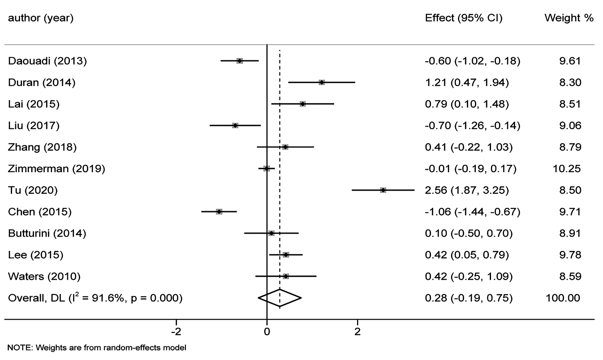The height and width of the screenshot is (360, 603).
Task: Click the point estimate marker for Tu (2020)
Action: coord(383,190)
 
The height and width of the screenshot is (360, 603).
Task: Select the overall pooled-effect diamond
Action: coord(280,298)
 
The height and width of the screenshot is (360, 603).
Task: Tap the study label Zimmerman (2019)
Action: coord(56,169)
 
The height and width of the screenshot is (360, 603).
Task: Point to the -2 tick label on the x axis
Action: coord(176,332)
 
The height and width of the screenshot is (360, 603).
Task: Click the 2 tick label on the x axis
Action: coord(357,332)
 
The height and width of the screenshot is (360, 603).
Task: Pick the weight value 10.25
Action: coord(567,169)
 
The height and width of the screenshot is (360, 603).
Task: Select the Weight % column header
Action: coord(569,18)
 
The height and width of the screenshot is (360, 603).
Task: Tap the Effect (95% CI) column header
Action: coord(464,18)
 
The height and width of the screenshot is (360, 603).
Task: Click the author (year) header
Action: coord(41,18)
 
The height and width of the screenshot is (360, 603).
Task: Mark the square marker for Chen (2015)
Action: coord(219,212)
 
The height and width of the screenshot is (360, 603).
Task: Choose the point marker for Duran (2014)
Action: coord(322,82)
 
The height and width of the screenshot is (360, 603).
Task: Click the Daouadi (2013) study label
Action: coord(47,61)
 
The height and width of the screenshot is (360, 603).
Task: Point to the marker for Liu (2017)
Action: coord(235,125)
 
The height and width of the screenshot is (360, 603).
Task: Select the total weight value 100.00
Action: coord(563,298)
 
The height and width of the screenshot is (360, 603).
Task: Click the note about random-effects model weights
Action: coord(97,348)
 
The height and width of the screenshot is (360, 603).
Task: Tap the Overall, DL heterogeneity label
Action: coord(95,298)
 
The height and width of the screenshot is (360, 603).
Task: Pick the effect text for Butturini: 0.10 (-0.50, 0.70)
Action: coord(468,233)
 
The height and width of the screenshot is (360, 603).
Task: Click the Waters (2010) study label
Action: coord(44,276)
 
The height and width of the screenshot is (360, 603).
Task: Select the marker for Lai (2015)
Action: coord(303,104)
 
